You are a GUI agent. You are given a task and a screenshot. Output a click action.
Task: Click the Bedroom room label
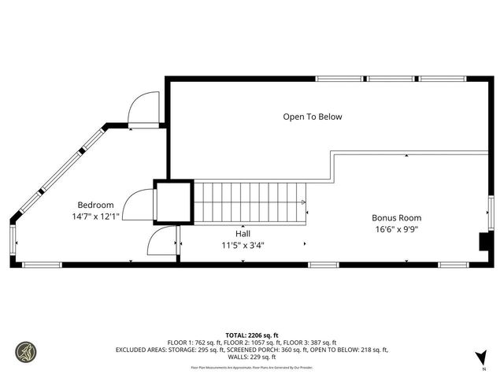pyautogui.click(x=95, y=204)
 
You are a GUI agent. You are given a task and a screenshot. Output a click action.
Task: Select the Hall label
pyautogui.click(x=243, y=234)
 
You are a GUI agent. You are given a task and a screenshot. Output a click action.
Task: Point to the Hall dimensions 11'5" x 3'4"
pyautogui.click(x=243, y=245)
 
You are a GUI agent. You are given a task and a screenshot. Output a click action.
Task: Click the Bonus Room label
pyautogui.click(x=396, y=218)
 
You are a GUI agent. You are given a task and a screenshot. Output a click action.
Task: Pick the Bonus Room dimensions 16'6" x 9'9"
pyautogui.click(x=396, y=230)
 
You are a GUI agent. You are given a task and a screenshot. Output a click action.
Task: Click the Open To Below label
pyautogui.click(x=313, y=117)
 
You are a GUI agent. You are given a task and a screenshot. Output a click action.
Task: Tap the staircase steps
pyautogui.click(x=249, y=202)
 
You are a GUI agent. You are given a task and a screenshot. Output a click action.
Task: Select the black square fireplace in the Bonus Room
pyautogui.click(x=485, y=242)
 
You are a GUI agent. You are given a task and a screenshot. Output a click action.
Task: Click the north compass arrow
pyautogui.click(x=482, y=358)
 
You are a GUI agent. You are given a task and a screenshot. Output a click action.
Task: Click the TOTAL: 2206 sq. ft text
pyautogui.click(x=251, y=335)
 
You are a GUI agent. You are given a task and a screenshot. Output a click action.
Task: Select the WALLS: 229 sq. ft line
pyautogui.click(x=252, y=357)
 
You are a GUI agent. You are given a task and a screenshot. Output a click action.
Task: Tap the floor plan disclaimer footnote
pyautogui.click(x=252, y=367)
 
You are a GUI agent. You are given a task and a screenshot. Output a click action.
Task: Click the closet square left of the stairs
pyautogui.click(x=172, y=202)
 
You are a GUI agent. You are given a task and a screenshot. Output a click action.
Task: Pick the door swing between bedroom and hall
pyautogui.click(x=163, y=242)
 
